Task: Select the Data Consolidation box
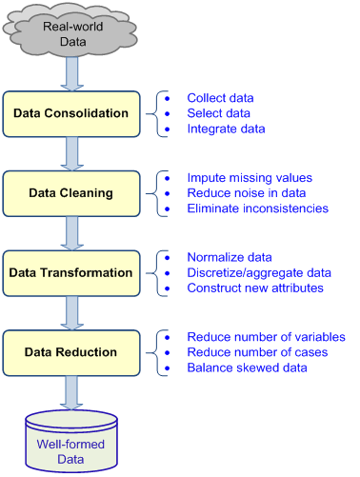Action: [71, 113]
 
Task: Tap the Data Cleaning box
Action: [71, 193]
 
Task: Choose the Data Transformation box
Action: [71, 273]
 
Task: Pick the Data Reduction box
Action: [71, 353]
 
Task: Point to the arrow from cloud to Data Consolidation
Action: [71, 71]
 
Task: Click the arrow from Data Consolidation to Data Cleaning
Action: [71, 153]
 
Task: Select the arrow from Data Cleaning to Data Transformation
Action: [71, 233]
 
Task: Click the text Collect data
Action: [220, 98]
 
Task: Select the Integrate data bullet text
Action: [226, 129]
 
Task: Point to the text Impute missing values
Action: [250, 178]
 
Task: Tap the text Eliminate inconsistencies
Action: [257, 209]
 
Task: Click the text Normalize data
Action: [230, 258]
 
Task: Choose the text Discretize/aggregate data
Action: [259, 273]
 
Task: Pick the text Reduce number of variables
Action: [266, 337]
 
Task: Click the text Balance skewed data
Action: [247, 368]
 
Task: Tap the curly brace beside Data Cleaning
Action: [162, 193]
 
